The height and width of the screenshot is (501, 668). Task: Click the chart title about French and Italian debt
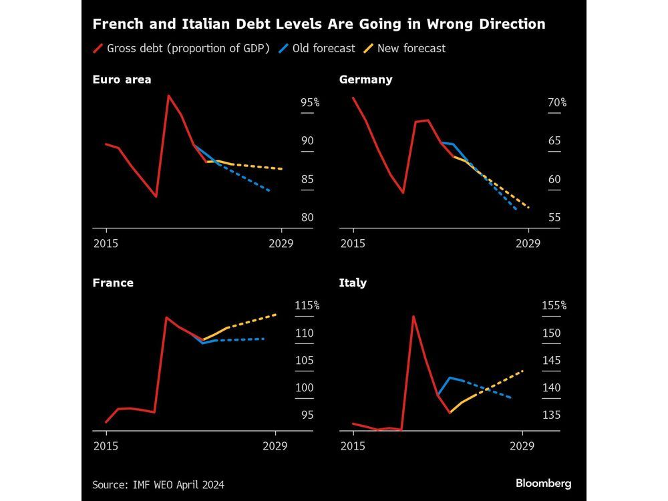pyautogui.click(x=319, y=24)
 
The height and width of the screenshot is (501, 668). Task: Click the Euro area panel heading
pyautogui.click(x=122, y=79)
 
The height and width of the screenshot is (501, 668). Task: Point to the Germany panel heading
pyautogui.click(x=365, y=79)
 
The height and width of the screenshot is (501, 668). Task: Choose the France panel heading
pyautogui.click(x=113, y=283)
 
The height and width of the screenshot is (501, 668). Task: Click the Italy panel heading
pyautogui.click(x=353, y=283)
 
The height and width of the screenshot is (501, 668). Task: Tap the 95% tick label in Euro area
pyautogui.click(x=310, y=103)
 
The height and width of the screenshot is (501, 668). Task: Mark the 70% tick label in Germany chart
pyautogui.click(x=557, y=103)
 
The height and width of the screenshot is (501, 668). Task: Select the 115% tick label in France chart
pyautogui.click(x=307, y=305)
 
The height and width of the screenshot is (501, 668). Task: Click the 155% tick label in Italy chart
pyautogui.click(x=554, y=305)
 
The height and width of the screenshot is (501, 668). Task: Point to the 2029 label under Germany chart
pyautogui.click(x=528, y=243)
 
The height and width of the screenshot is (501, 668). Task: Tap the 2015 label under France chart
pyautogui.click(x=106, y=446)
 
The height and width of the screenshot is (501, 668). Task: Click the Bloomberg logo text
pyautogui.click(x=543, y=483)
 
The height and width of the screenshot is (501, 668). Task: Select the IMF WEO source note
pyautogui.click(x=158, y=484)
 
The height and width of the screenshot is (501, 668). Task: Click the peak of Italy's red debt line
pyautogui.click(x=413, y=316)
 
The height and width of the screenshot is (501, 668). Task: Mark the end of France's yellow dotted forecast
pyautogui.click(x=276, y=314)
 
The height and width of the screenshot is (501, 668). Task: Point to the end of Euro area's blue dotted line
pyautogui.click(x=269, y=191)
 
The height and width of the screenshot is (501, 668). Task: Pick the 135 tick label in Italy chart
pyautogui.click(x=552, y=415)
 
